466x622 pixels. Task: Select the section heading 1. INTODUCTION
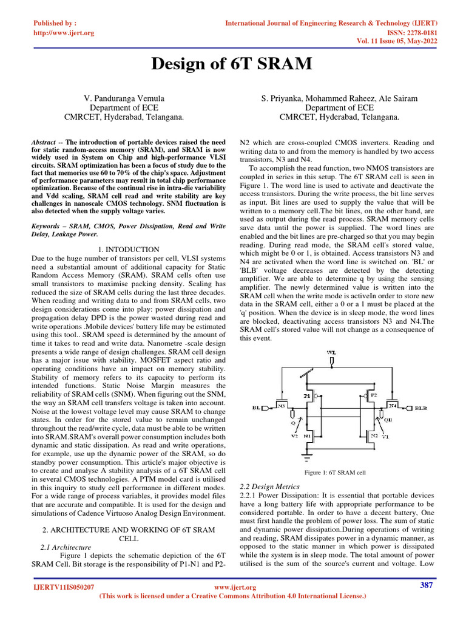pos(128,250)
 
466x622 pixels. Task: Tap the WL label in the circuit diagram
pos(331,352)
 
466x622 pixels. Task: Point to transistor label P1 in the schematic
pos(307,395)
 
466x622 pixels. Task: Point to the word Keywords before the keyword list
pos(49,226)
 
